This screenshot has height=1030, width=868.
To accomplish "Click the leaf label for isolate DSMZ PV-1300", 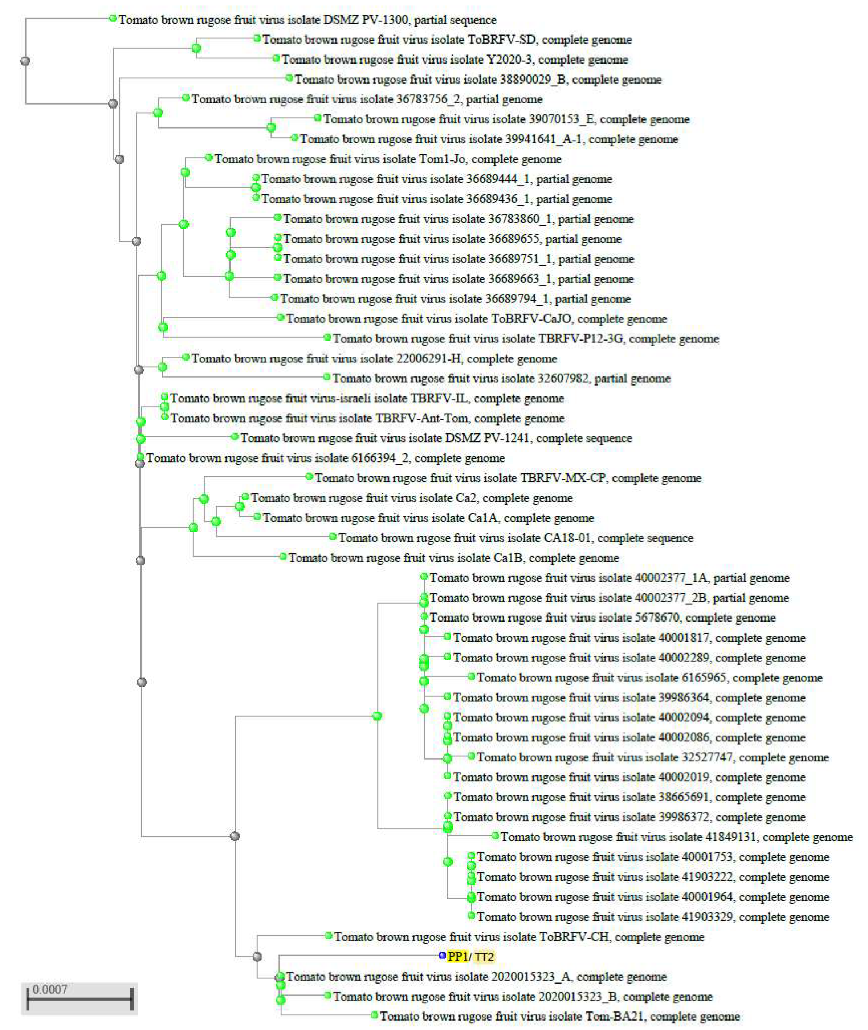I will point(307,20).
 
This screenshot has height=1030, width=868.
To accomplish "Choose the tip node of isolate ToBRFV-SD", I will point(256,38).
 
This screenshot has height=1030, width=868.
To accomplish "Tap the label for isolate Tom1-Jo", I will point(387,159).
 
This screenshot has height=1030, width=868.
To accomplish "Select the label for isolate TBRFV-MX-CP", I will point(508,478).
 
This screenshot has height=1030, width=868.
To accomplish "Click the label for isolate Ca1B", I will point(453,558).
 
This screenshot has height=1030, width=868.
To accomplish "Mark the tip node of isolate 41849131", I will point(496,836).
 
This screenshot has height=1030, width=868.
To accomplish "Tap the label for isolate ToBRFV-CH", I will point(519,936).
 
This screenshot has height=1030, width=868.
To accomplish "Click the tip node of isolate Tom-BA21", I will point(374,1015).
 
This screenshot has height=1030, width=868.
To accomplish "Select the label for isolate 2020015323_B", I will point(522,997).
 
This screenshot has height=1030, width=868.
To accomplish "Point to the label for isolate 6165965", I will point(649,677).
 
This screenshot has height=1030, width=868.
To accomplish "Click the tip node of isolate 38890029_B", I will point(289,78).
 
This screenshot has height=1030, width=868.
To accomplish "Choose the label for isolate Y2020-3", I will point(455,60).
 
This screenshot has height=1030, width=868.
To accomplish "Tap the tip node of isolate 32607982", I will point(327,377).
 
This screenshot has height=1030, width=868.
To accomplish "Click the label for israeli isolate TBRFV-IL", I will point(367,398).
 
